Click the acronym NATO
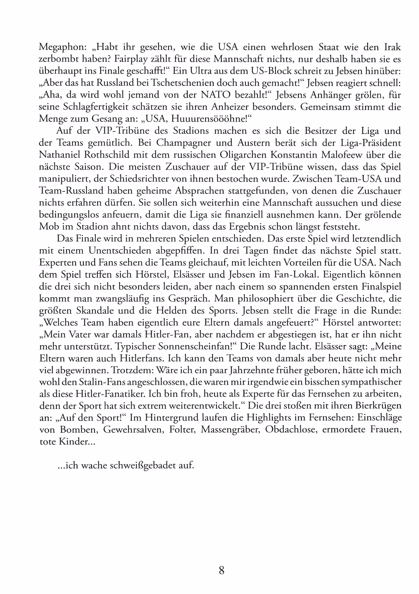(x=215, y=95)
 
